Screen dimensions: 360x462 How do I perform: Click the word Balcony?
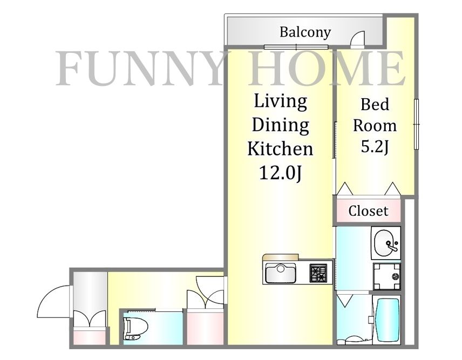(304, 32)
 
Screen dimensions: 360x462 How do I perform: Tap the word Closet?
(368, 210)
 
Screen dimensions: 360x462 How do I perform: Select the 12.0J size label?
(280, 173)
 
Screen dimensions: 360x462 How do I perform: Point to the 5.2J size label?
(375, 147)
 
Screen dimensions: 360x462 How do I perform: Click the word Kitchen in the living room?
(280, 148)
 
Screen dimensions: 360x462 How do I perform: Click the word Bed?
(375, 104)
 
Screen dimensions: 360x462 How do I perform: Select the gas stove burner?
(318, 273)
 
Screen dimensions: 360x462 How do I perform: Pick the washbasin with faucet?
(386, 244)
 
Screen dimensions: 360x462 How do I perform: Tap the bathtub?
(386, 320)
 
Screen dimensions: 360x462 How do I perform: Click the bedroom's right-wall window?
(416, 125)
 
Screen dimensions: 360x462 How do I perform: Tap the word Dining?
(280, 125)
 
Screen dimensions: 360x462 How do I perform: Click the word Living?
(280, 101)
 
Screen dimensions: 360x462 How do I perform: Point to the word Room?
(375, 126)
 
